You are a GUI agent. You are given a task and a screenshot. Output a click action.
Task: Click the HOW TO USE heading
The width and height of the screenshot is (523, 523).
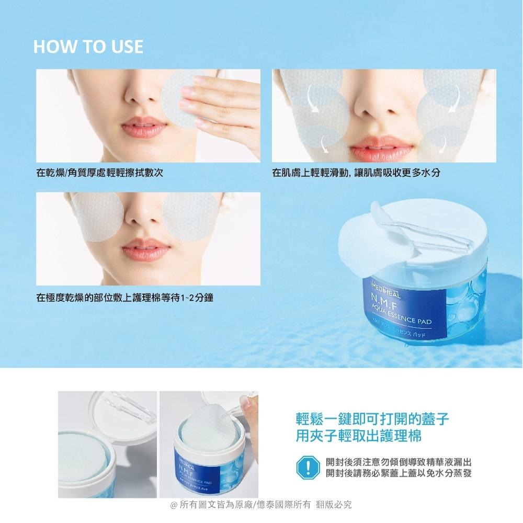pos(88,47)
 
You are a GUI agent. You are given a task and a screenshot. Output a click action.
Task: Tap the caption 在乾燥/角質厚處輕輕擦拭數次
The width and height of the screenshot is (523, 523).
pos(99,172)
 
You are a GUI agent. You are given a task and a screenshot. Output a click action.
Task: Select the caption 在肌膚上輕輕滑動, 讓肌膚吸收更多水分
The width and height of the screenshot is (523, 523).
pos(356,172)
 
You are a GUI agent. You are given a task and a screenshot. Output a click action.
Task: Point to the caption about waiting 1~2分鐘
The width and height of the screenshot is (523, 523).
pos(124,298)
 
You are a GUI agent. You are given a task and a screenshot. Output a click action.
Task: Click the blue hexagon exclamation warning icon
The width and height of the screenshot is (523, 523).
pos(308,467)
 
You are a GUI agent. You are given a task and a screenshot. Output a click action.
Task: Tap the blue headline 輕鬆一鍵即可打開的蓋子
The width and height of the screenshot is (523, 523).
pos(372,419)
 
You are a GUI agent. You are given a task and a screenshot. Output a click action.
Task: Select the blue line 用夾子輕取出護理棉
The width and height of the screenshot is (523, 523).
pos(359,436)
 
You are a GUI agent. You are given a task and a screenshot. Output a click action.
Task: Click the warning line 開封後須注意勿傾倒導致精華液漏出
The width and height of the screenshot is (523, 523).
pos(399,462)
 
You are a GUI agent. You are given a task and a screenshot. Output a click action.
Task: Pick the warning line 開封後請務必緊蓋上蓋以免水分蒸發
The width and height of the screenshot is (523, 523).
pos(399,473)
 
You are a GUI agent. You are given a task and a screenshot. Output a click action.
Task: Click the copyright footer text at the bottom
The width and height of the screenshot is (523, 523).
pos(261,505)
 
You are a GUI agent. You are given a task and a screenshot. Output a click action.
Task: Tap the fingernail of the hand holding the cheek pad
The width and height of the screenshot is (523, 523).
pos(199,79)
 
